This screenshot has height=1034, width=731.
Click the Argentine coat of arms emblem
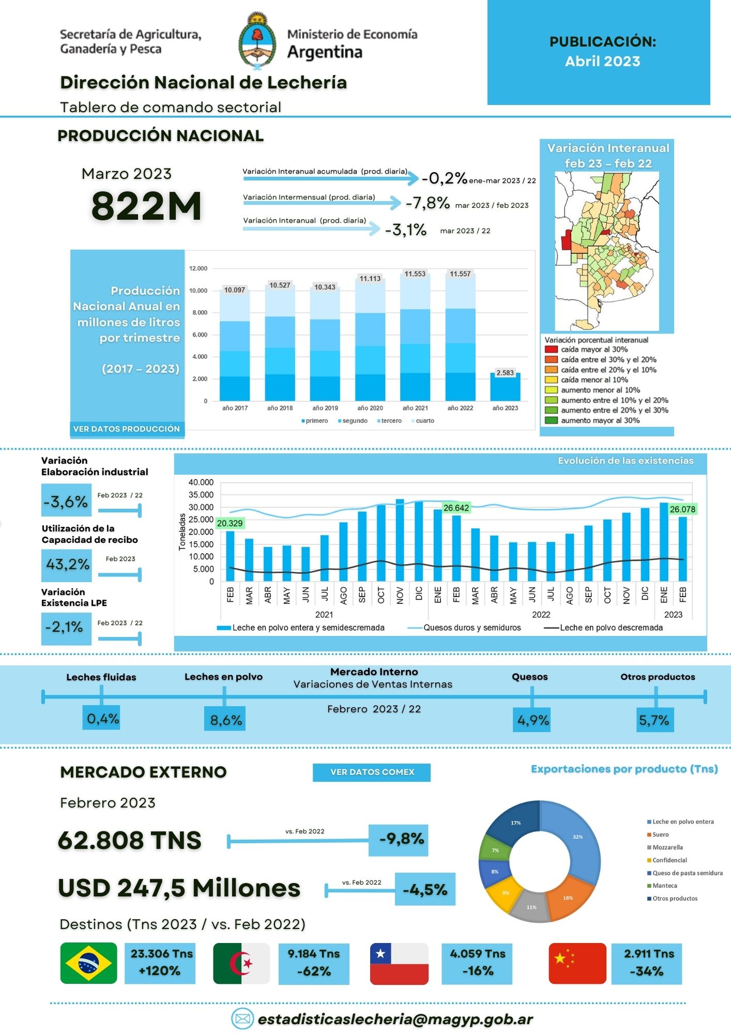point(257,41)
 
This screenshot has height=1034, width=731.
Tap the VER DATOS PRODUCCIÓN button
point(127,429)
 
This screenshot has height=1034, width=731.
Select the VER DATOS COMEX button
point(372,772)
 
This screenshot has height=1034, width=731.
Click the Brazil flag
point(88,963)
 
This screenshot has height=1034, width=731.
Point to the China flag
point(577,963)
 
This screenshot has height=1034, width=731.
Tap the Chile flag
point(399,963)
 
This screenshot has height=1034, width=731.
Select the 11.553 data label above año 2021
point(415,274)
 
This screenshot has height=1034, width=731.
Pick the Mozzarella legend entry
point(667,847)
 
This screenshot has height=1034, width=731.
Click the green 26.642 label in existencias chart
point(456,508)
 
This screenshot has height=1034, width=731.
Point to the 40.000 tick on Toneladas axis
point(201,482)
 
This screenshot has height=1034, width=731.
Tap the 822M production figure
point(146,206)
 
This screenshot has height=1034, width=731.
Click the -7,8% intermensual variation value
point(428,203)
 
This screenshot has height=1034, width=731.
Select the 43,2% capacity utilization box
point(67,565)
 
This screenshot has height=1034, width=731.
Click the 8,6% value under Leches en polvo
point(225,720)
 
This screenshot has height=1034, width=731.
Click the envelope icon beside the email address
point(242,1018)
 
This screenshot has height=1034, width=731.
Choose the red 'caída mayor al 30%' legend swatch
point(551,349)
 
